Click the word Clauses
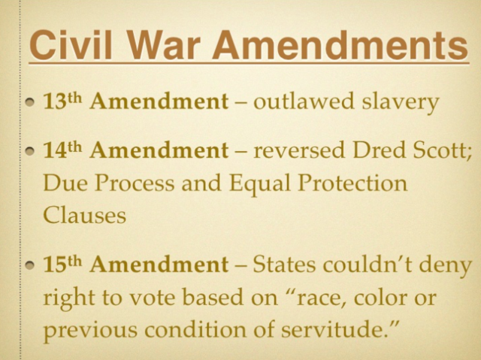[x=83, y=215]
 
